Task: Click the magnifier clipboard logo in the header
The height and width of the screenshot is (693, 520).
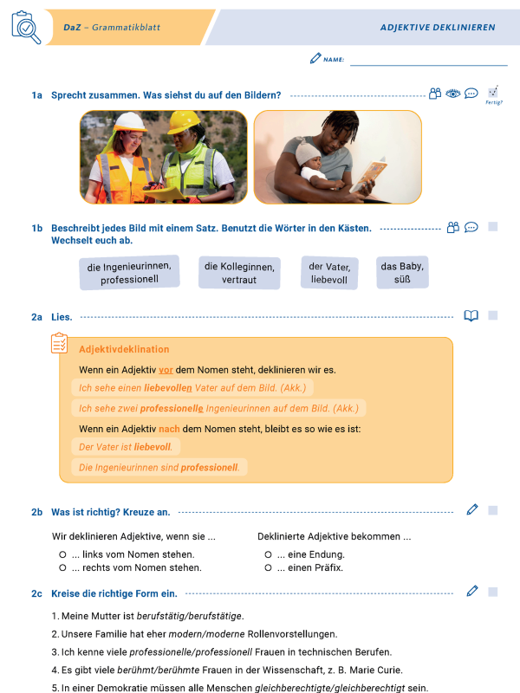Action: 26,28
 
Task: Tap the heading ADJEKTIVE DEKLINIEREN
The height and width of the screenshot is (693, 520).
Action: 438,28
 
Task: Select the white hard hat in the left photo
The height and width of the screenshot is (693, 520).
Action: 129,122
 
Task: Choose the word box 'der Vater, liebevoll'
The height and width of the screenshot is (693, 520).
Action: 328,273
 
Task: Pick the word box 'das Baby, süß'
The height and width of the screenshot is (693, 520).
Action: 402,273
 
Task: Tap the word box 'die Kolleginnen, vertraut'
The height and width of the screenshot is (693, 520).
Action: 239,273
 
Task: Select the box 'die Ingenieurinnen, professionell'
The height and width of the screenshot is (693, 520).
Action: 130,273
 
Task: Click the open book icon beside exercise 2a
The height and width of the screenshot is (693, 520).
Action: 471,316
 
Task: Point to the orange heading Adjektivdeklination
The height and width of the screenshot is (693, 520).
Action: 124,349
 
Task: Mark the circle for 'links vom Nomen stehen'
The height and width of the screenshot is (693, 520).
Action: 62,554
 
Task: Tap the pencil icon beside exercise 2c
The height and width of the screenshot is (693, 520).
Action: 471,591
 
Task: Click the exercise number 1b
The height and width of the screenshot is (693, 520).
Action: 37,229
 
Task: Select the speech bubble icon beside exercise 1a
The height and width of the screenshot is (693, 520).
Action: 471,94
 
